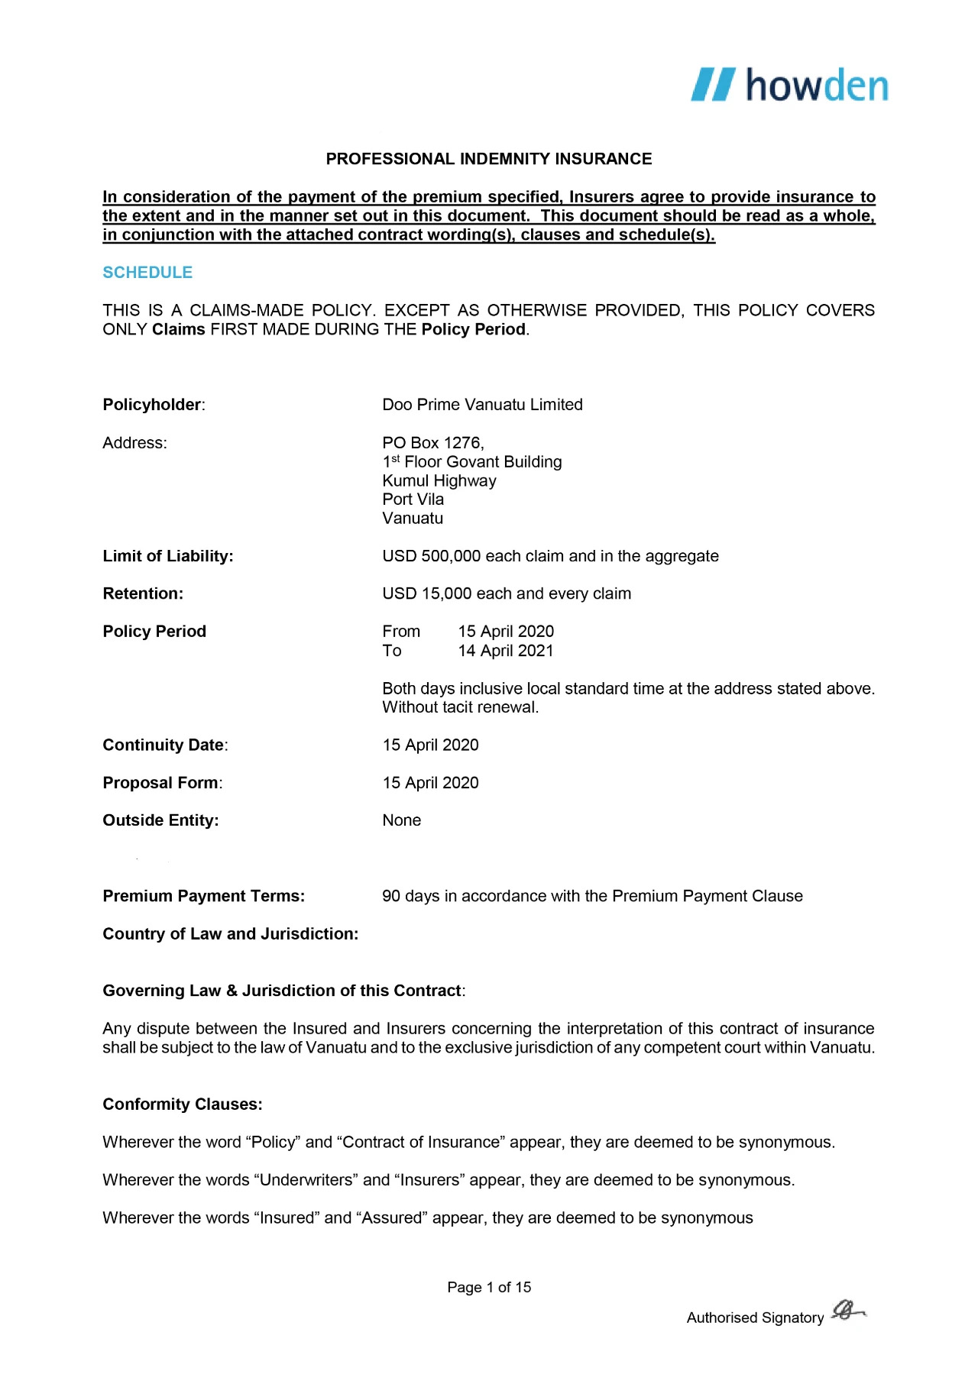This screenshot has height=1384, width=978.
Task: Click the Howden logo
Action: click(x=789, y=85)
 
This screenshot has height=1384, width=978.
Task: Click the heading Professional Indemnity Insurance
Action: click(x=489, y=159)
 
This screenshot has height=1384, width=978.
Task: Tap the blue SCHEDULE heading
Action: click(x=147, y=273)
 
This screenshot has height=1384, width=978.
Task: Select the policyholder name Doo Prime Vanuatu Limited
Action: click(x=482, y=405)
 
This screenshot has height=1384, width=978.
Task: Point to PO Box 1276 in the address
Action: click(x=432, y=443)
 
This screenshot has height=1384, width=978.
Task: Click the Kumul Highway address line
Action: click(x=439, y=481)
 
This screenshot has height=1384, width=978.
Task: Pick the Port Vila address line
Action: click(x=413, y=500)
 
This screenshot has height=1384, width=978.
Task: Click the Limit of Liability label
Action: click(x=168, y=556)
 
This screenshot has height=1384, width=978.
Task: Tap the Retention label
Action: click(x=143, y=593)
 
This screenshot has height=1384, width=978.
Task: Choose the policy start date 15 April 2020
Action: click(x=506, y=632)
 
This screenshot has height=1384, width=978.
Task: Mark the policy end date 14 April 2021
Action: click(x=506, y=651)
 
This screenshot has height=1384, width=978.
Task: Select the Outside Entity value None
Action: click(x=402, y=820)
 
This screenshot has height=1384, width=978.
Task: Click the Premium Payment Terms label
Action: click(x=203, y=896)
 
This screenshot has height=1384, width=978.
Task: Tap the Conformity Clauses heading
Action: click(x=183, y=1104)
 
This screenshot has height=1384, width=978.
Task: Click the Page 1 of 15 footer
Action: click(x=489, y=1287)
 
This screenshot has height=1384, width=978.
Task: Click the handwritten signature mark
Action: click(x=847, y=1311)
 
